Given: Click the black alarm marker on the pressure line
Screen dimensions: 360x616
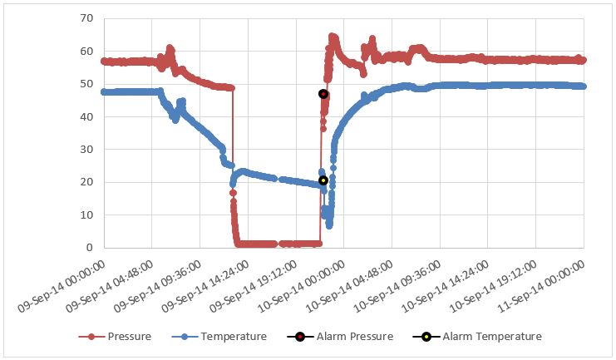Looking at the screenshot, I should click(323, 94).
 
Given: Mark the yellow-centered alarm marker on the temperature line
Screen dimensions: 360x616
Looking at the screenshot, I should click(323, 180).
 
